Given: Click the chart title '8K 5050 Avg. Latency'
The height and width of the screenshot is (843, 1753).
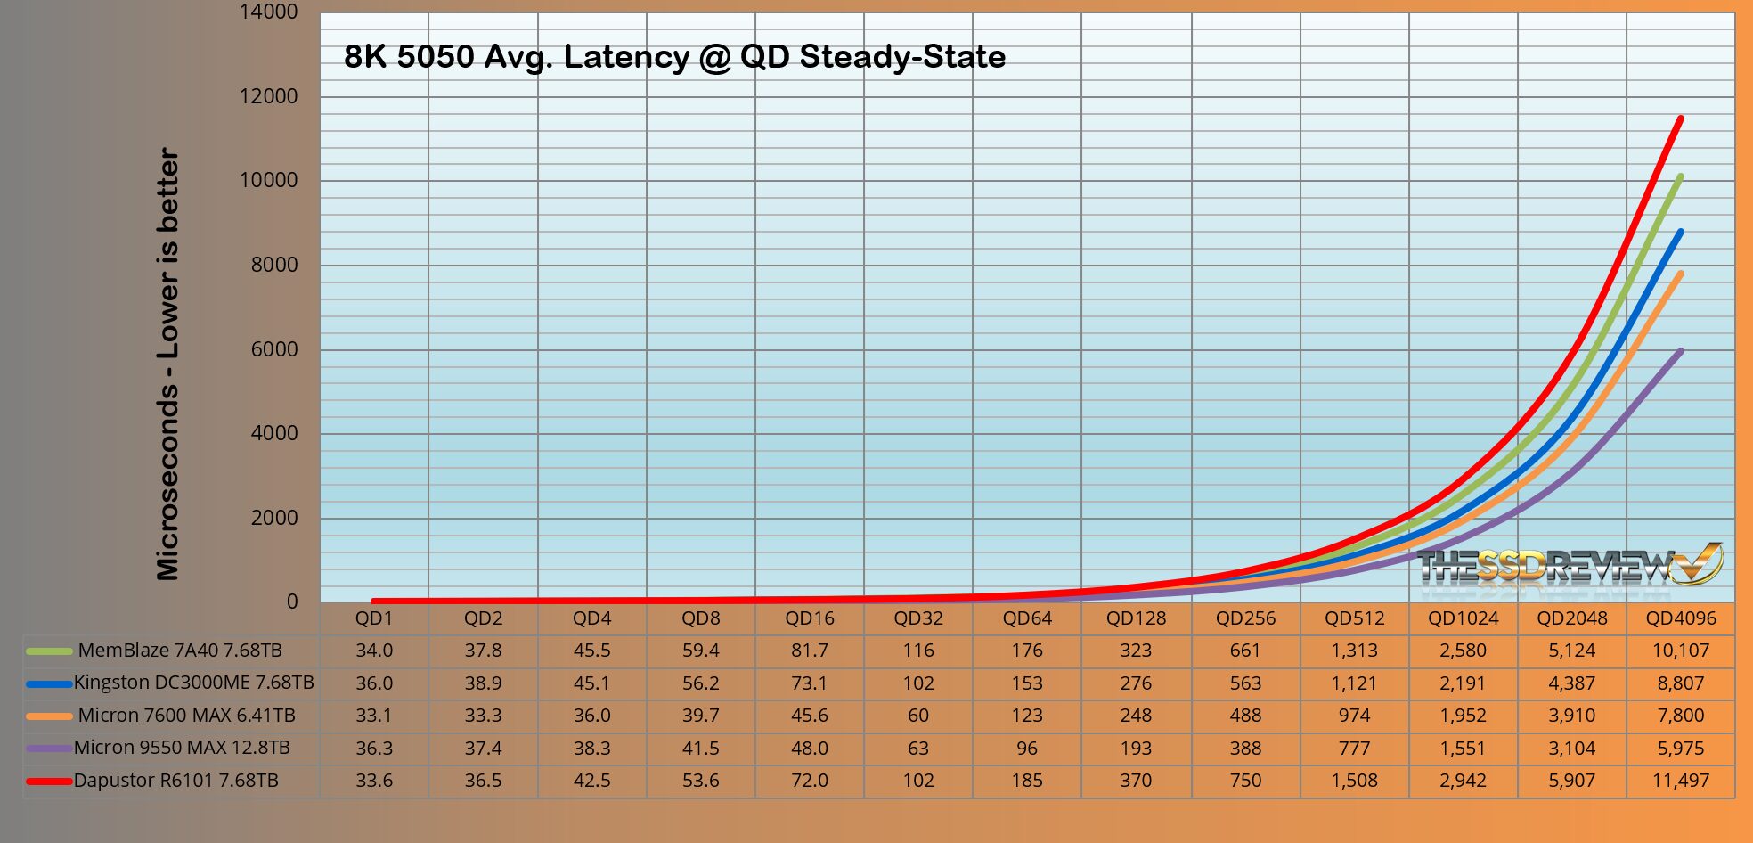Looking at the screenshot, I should click(674, 57).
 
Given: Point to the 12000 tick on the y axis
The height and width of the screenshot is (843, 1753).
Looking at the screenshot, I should click(268, 96).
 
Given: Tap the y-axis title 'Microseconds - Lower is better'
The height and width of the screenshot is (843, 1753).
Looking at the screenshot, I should click(167, 364).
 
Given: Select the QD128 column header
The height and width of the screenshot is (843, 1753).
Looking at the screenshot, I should click(1136, 618).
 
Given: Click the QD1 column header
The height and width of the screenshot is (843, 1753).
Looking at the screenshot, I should click(374, 618).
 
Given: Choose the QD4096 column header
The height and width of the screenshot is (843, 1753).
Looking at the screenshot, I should click(1680, 618).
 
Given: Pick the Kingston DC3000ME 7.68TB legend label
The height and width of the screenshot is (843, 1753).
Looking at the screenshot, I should click(193, 683).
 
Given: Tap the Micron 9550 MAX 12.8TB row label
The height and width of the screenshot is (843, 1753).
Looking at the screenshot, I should click(182, 748).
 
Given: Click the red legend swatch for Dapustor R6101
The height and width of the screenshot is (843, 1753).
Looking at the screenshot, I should click(49, 781).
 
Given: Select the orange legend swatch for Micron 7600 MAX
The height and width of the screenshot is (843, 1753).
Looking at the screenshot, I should click(49, 716).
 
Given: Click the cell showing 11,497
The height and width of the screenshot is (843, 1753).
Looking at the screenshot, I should click(1680, 781).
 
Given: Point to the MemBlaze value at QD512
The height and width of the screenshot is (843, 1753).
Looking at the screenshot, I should click(1354, 651).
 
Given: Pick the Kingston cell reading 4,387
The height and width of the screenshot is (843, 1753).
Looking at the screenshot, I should click(1571, 683).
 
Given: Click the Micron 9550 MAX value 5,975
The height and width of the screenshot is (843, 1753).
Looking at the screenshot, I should click(1680, 748).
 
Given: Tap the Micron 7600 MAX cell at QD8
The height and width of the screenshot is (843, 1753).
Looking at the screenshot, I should click(700, 716).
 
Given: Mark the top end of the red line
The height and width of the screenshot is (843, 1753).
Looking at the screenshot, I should click(1680, 119).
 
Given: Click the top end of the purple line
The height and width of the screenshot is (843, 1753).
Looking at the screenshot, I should click(1680, 351).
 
